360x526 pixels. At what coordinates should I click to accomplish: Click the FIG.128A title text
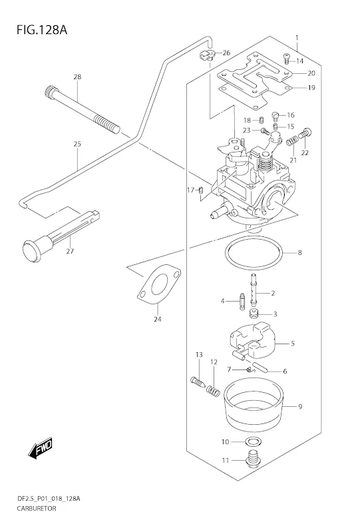tap(42, 30)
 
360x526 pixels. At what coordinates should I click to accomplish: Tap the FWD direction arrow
tap(40, 448)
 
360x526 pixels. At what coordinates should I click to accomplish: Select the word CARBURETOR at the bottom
tap(37, 508)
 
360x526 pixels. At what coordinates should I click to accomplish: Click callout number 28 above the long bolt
tap(77, 77)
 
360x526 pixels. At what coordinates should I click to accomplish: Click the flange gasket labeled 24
tap(159, 283)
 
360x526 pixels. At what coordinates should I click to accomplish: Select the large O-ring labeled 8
tap(248, 253)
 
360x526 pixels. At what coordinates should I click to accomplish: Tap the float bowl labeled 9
tap(254, 405)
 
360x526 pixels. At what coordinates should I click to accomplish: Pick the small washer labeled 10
tap(254, 441)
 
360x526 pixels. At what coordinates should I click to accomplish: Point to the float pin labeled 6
tap(260, 367)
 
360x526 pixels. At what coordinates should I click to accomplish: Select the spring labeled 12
tap(212, 390)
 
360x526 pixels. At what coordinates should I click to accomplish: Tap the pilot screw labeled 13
tap(199, 382)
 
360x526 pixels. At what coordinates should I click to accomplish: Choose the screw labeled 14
tap(287, 59)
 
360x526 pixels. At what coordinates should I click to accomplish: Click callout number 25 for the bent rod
tap(77, 144)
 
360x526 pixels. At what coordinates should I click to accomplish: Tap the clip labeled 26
tap(207, 55)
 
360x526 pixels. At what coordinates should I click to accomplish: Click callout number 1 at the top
tap(297, 37)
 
